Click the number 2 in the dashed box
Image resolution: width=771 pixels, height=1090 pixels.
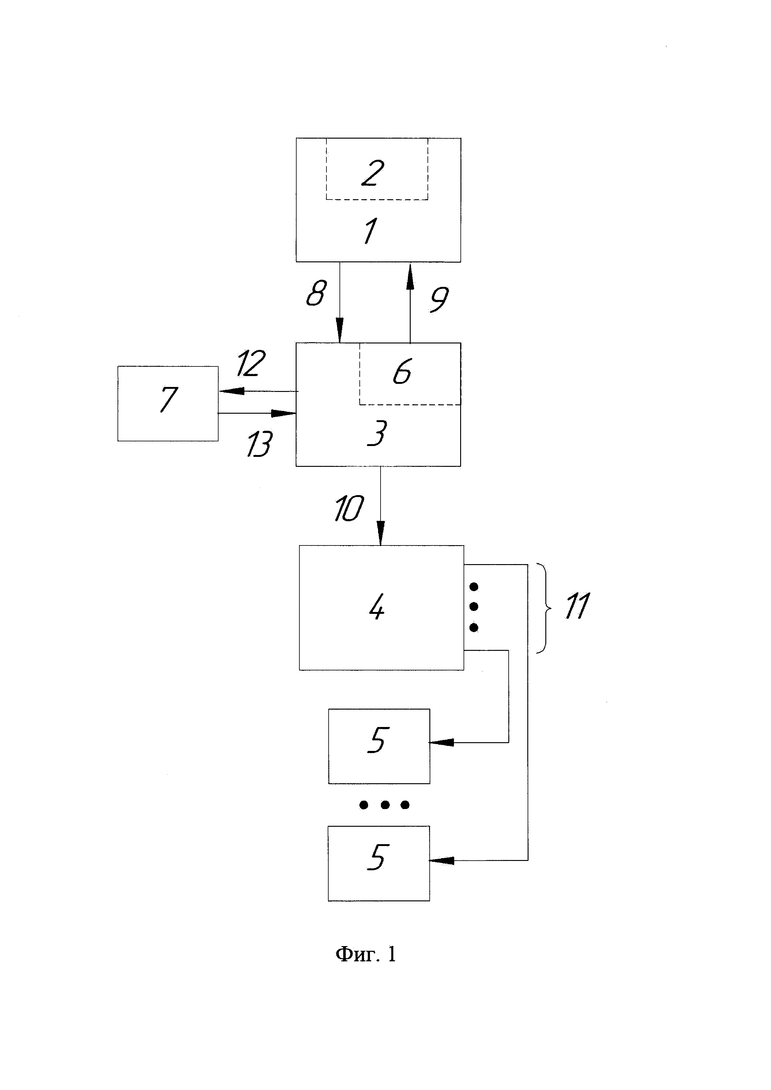(x=373, y=173)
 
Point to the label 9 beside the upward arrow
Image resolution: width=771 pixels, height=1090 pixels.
(x=439, y=300)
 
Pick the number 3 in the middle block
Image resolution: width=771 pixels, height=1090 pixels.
(x=377, y=433)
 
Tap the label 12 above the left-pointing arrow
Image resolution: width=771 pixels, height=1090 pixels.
(x=251, y=364)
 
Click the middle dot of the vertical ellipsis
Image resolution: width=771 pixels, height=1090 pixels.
(x=473, y=607)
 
